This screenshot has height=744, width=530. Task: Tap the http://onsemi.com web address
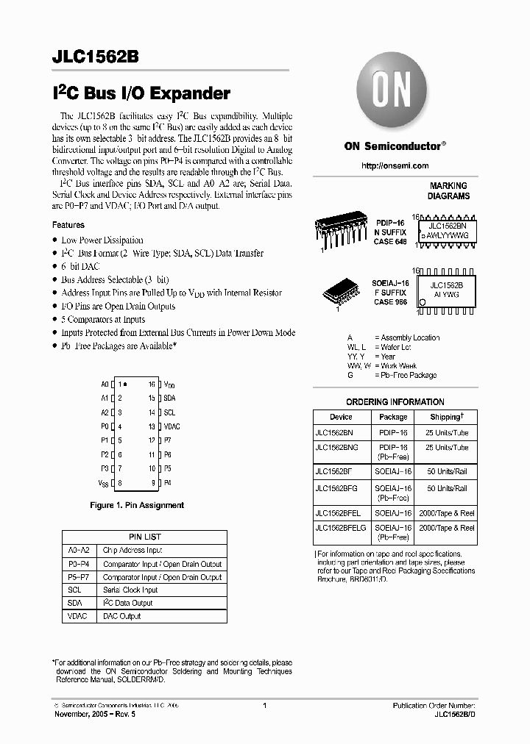[x=395, y=166]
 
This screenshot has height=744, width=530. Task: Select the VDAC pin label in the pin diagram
[x=172, y=426]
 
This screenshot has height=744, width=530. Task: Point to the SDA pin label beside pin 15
[x=169, y=398]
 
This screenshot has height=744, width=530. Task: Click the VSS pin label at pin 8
[x=103, y=483]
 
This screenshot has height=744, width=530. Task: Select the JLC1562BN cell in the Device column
[x=335, y=433]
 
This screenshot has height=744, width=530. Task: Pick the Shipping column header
[x=446, y=417]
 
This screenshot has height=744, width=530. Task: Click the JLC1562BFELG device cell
[x=340, y=528]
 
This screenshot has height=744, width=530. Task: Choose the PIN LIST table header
[x=145, y=537]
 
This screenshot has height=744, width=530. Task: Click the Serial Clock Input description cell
[x=130, y=590]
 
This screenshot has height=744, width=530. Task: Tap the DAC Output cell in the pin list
[x=121, y=616]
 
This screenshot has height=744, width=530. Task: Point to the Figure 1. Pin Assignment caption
[x=136, y=505]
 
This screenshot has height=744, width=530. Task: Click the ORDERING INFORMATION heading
[x=395, y=402]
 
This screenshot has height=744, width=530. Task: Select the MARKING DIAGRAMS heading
[x=448, y=191]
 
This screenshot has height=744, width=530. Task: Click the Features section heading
[x=68, y=225]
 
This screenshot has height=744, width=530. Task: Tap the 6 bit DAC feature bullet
[x=80, y=266]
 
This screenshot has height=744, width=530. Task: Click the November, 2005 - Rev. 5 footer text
[x=96, y=714]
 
